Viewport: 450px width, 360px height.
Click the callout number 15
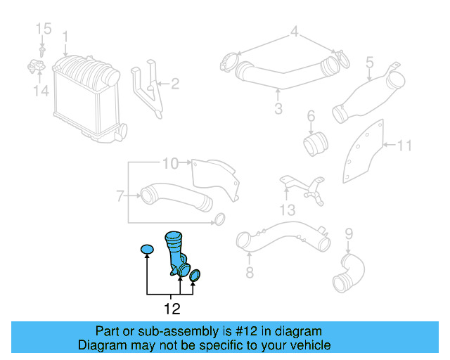pyautogui.click(x=44, y=28)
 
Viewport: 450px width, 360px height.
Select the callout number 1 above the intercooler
pyautogui.click(x=65, y=35)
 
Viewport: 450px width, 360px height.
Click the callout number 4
pyautogui.click(x=295, y=31)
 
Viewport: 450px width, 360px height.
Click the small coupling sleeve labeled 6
pyautogui.click(x=316, y=143)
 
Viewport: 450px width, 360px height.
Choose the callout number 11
pyautogui.click(x=404, y=146)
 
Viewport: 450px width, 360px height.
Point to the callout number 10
pyautogui.click(x=170, y=164)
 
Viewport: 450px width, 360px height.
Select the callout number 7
pyautogui.click(x=120, y=195)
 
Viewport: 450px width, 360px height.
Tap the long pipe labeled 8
pyautogui.click(x=281, y=238)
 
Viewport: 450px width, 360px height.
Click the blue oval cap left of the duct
pyautogui.click(x=146, y=249)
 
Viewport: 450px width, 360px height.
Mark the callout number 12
pyautogui.click(x=172, y=308)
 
